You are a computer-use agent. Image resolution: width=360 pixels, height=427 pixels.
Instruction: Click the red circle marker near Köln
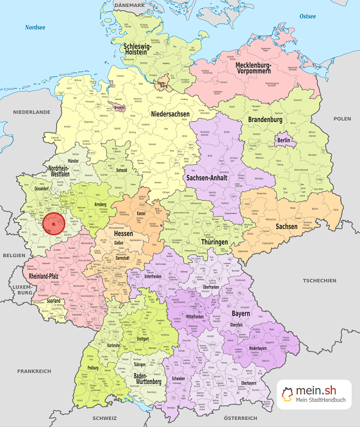coord(54,224)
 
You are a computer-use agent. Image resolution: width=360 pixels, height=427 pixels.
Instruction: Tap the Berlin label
coord(284,140)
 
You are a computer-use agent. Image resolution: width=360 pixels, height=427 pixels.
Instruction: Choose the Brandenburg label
coord(265,120)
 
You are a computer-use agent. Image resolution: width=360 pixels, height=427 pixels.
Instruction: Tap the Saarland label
coord(54,300)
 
